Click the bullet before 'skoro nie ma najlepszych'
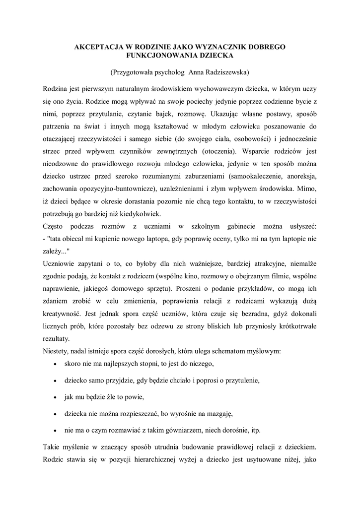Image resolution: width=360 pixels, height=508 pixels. click(54, 364)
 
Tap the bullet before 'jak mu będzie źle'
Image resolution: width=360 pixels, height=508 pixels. click(54, 398)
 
